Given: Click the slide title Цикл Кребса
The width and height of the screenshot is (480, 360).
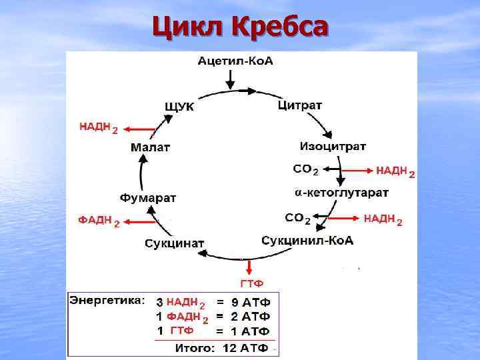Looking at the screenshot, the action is [240, 27].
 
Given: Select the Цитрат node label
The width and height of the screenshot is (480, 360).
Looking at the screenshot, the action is [299, 105].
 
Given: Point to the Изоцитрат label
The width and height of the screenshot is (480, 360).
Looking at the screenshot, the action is [333, 146].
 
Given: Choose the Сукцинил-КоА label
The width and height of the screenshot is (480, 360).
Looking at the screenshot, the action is [307, 240].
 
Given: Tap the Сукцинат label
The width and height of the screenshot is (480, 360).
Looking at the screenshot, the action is [175, 243].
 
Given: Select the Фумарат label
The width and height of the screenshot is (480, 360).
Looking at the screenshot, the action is [148, 198].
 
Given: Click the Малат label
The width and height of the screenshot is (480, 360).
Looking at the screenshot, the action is [150, 147].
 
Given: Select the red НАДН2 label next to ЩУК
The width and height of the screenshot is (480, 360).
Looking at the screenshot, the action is [99, 127].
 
